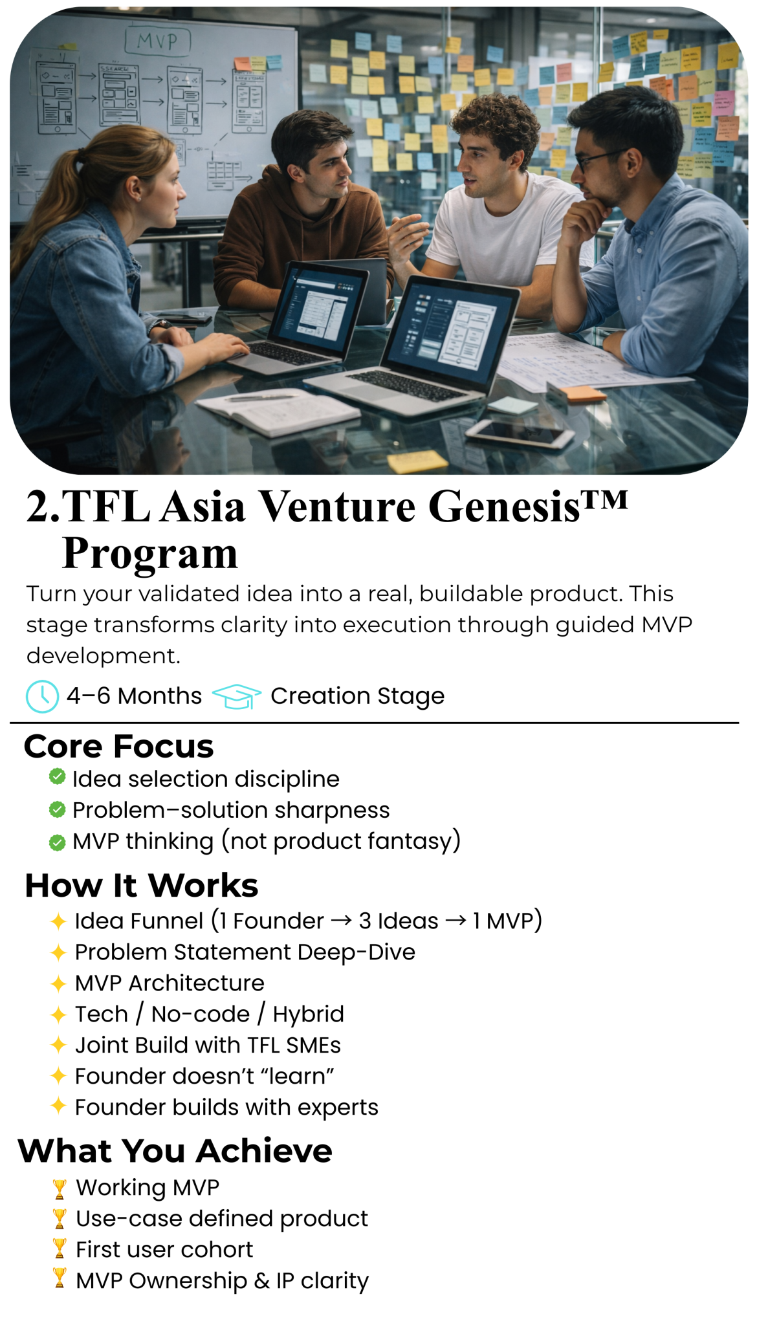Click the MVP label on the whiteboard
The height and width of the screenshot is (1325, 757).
157,42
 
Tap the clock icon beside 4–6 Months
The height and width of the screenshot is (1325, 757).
42,696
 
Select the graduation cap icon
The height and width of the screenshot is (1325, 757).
237,696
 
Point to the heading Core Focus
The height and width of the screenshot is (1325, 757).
119,746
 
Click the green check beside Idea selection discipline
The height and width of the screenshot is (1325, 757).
58,776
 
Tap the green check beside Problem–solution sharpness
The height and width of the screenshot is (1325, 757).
58,809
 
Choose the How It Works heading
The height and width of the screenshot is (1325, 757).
142,885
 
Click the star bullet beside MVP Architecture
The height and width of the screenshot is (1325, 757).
58,983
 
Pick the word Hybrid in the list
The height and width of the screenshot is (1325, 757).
308,1014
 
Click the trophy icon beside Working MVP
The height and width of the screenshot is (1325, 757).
60,1189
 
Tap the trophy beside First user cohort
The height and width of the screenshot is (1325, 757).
60,1248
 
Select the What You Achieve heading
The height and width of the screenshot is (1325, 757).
175,1150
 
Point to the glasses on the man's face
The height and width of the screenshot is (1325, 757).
598,158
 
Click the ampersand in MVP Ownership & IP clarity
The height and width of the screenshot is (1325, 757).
261,1281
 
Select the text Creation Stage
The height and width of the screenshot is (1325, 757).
357,696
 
